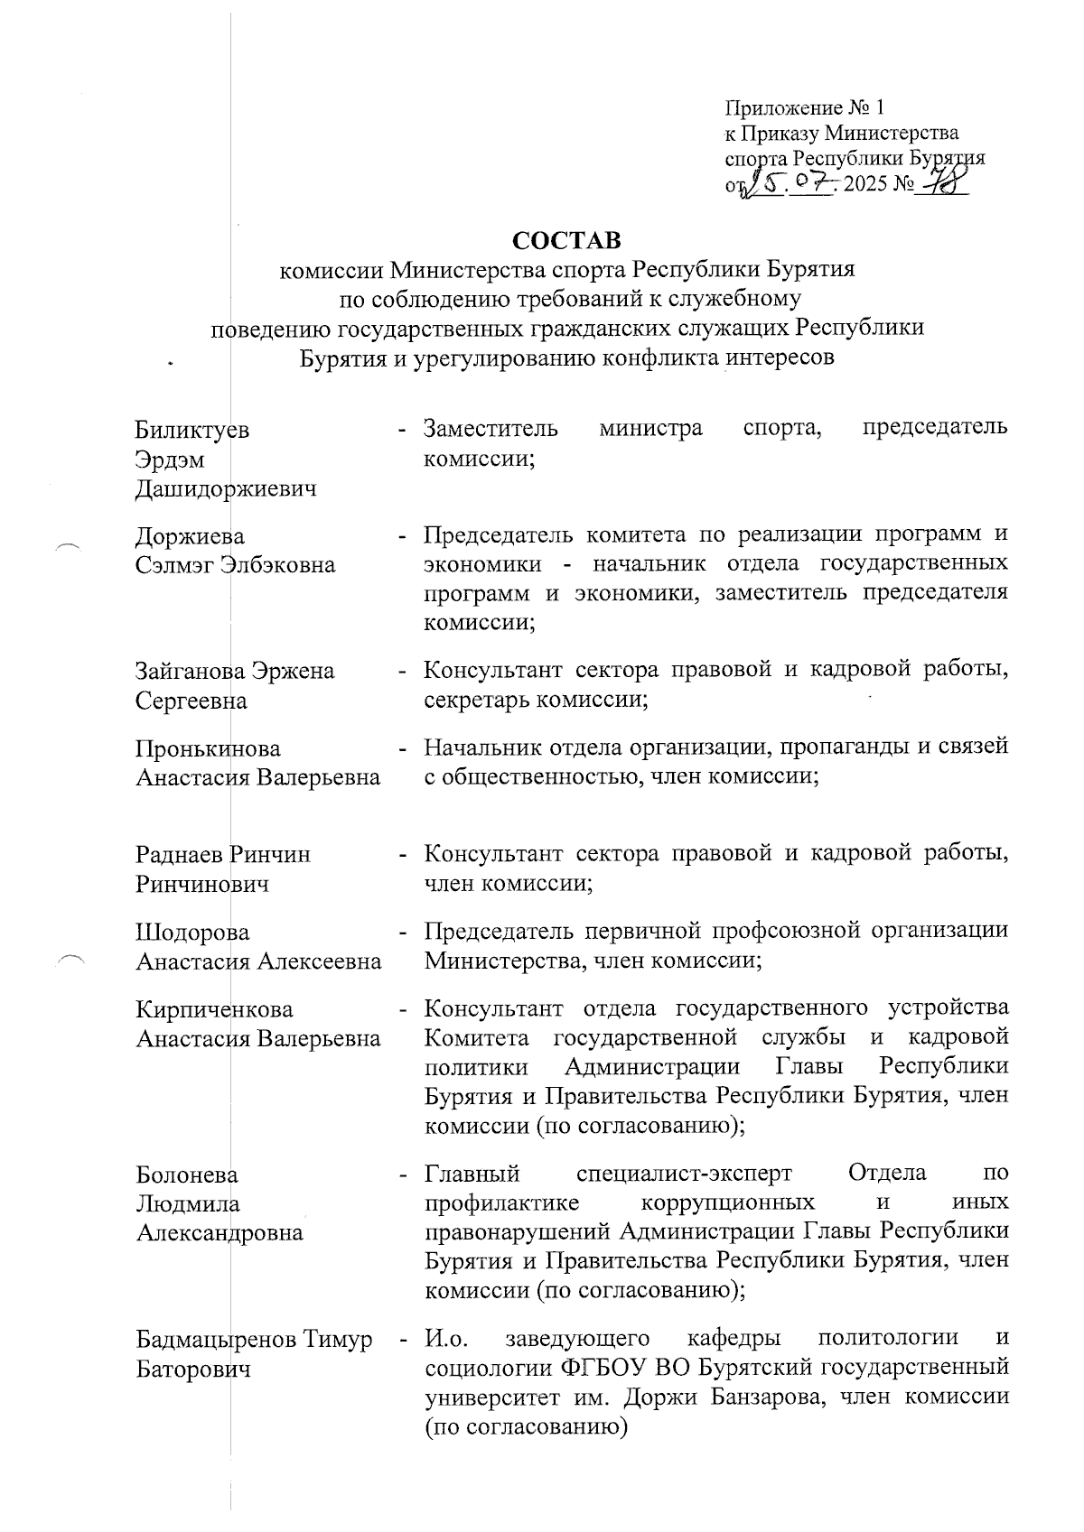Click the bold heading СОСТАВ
(x=566, y=241)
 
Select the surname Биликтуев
(x=192, y=430)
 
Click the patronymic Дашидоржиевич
(x=226, y=490)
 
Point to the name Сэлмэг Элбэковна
(x=235, y=566)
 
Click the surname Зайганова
(x=190, y=671)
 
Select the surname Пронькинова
(x=208, y=748)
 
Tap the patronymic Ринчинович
(x=202, y=884)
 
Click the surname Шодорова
(x=192, y=932)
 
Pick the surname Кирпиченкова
(x=214, y=1008)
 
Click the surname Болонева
(x=187, y=1175)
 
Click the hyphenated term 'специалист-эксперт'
(x=683, y=1174)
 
